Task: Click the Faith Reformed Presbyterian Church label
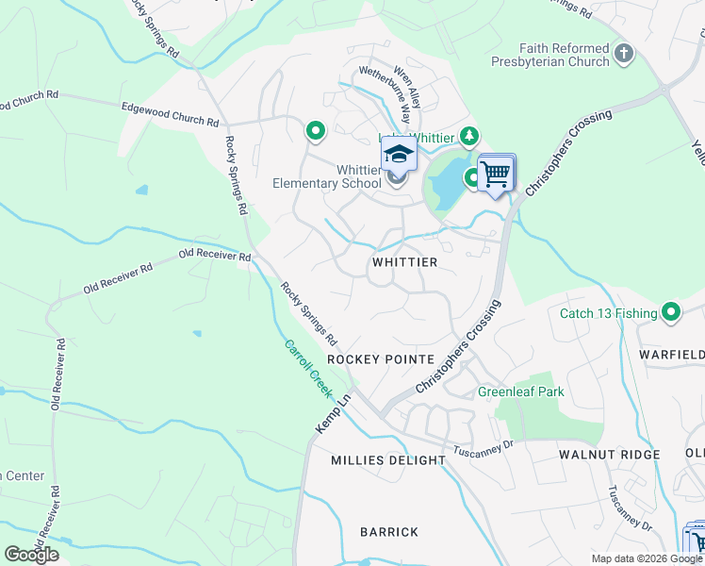pyautogui.click(x=550, y=54)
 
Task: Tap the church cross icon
pyautogui.click(x=623, y=54)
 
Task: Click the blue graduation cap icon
pyautogui.click(x=399, y=153)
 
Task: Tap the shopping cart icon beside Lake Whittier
pyautogui.click(x=495, y=174)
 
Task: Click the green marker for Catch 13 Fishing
pyautogui.click(x=671, y=311)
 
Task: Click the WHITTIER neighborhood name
pyautogui.click(x=404, y=261)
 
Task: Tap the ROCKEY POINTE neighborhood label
pyautogui.click(x=380, y=359)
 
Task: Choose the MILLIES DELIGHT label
pyautogui.click(x=387, y=460)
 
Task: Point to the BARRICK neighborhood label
pyautogui.click(x=388, y=532)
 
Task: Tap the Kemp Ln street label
pyautogui.click(x=332, y=414)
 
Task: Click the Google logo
pyautogui.click(x=31, y=554)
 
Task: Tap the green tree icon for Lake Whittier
pyautogui.click(x=468, y=138)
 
